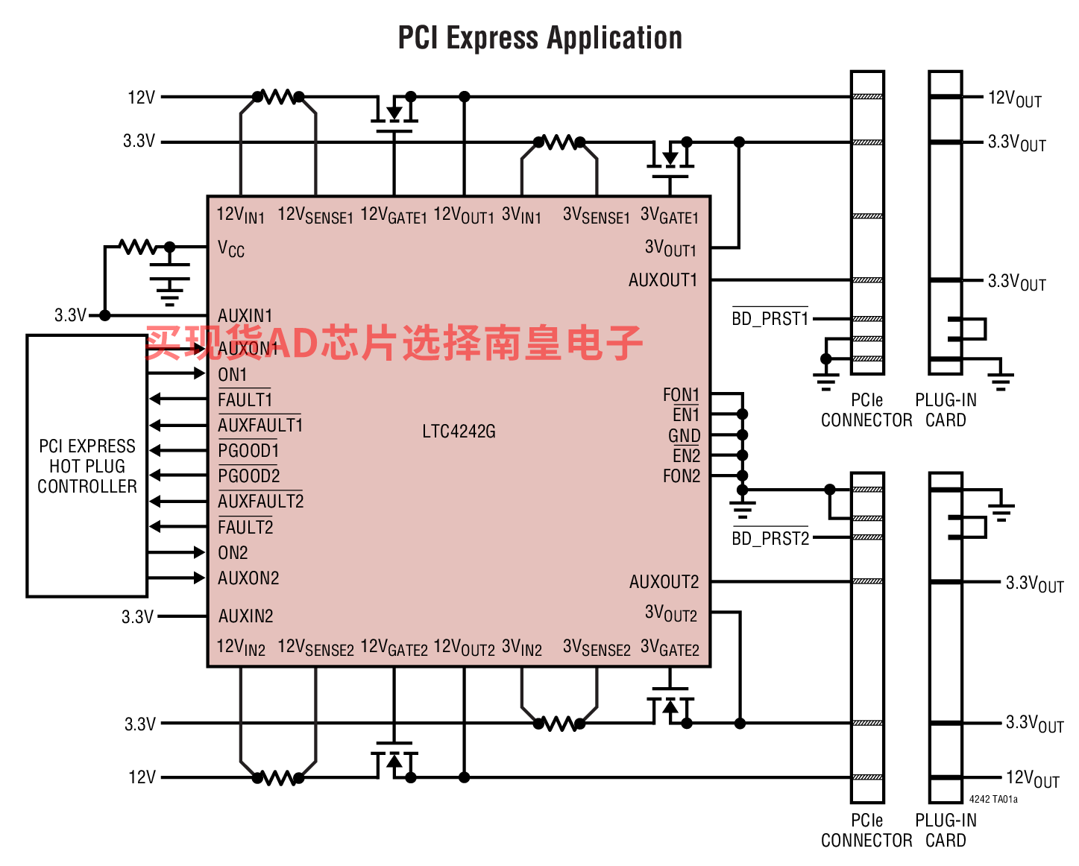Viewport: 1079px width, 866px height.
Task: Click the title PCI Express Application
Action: [x=540, y=38]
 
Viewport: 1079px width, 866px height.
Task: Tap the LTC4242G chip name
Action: [x=459, y=431]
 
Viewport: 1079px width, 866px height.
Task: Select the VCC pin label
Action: [x=231, y=249]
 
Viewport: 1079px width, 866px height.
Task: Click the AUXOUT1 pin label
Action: [x=663, y=279]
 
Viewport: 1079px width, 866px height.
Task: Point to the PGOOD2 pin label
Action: [x=249, y=475]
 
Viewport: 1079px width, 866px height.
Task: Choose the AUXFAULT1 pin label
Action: [x=260, y=425]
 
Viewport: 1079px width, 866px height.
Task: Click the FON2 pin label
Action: [x=681, y=475]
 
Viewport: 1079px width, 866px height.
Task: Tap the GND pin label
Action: [x=684, y=435]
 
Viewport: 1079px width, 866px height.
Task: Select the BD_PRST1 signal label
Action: [x=770, y=318]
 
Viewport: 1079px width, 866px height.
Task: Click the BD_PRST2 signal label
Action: [x=770, y=538]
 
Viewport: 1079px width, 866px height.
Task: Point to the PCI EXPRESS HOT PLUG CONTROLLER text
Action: [x=86, y=466]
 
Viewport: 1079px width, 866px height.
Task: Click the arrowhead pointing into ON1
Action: [x=200, y=373]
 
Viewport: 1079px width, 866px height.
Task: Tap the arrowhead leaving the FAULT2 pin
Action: [x=155, y=526]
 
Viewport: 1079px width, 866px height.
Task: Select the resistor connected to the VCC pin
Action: [x=136, y=247]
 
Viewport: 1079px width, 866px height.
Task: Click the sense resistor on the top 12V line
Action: [x=278, y=96]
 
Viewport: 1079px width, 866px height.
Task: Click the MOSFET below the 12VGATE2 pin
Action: [x=394, y=760]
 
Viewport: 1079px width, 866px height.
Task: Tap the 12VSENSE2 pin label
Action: [x=315, y=648]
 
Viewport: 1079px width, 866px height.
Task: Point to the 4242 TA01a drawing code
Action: [x=993, y=800]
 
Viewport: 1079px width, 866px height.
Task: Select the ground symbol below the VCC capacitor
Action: [x=169, y=291]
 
